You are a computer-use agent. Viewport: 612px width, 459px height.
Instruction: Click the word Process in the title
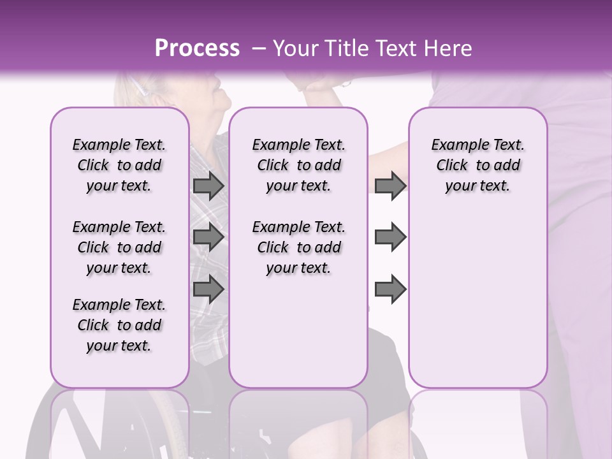[197, 48]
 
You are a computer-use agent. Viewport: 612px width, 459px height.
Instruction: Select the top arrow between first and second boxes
[208, 186]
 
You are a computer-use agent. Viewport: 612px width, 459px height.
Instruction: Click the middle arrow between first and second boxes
[208, 237]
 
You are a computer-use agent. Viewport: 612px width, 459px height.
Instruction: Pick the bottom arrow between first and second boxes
[208, 289]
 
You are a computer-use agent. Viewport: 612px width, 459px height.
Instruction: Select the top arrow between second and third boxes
[390, 186]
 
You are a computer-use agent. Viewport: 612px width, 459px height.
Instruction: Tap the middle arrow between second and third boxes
[390, 237]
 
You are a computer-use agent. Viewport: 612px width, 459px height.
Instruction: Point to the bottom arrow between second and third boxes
[390, 289]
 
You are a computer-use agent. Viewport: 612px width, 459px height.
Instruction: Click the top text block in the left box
[119, 165]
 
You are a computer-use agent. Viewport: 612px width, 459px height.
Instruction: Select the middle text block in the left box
[119, 247]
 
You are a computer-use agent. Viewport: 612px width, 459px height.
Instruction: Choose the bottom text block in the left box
[119, 325]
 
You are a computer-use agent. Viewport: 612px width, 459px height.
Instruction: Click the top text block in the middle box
[298, 165]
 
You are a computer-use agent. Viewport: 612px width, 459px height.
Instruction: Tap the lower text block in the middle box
[298, 247]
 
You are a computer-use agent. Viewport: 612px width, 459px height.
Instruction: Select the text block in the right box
[477, 165]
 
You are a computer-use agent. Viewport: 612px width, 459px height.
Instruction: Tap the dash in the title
[258, 49]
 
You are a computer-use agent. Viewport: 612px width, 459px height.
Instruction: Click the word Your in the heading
[297, 48]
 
